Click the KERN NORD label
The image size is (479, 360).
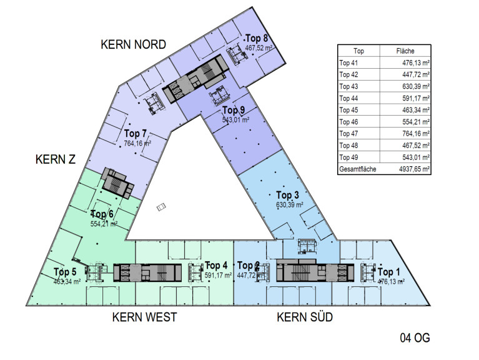click(x=134, y=45)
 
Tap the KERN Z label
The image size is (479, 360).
click(x=55, y=160)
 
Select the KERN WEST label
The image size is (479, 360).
click(x=144, y=317)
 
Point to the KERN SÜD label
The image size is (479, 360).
click(x=304, y=317)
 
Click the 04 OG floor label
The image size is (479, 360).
click(x=415, y=338)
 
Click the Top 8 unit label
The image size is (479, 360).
click(x=257, y=37)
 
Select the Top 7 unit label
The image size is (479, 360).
click(x=135, y=134)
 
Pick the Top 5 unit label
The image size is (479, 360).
click(x=65, y=272)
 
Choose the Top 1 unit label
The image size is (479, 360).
click(x=386, y=272)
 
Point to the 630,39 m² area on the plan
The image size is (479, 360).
click(x=290, y=204)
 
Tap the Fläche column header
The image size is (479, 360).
click(x=405, y=51)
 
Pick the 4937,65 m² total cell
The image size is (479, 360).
click(x=412, y=169)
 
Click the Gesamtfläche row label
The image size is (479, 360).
click(x=358, y=169)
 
